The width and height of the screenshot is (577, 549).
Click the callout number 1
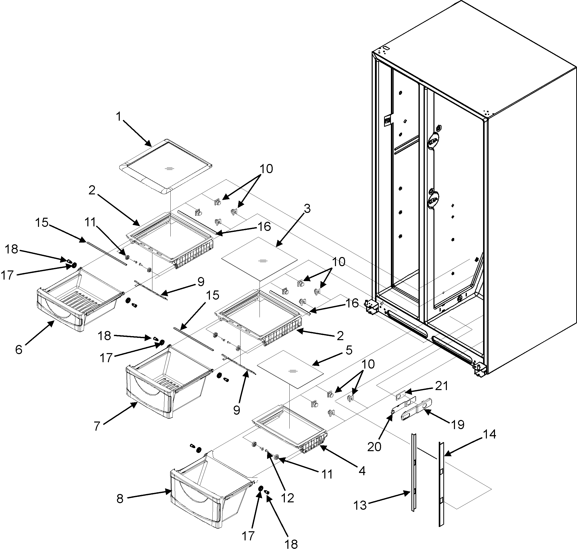click(x=118, y=117)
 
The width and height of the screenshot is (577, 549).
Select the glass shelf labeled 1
click(x=165, y=167)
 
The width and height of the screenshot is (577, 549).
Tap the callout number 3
click(x=307, y=209)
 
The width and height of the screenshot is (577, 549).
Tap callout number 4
click(x=362, y=471)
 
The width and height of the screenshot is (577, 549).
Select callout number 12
click(x=287, y=498)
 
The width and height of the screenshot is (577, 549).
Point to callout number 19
click(x=457, y=424)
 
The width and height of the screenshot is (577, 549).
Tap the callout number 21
click(x=441, y=386)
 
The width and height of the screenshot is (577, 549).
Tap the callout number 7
click(x=97, y=426)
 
